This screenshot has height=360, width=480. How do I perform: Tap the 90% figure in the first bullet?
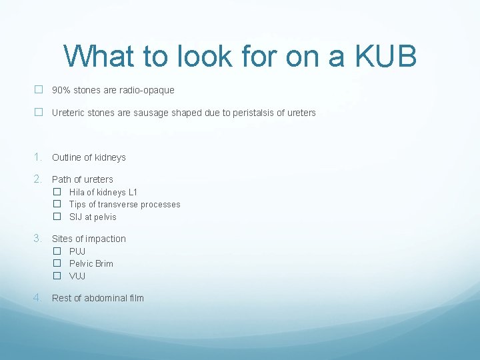(x=61, y=90)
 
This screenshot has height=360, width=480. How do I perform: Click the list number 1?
(x=38, y=157)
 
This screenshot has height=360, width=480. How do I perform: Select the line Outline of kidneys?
(x=89, y=157)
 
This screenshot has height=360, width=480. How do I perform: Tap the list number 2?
(x=38, y=179)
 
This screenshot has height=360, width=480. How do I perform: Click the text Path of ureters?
(x=83, y=179)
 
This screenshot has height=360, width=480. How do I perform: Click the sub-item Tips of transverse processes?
(x=125, y=205)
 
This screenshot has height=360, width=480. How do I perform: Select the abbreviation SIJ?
(x=76, y=217)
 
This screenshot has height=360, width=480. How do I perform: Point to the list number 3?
(x=38, y=238)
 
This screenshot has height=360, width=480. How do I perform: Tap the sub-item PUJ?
(x=77, y=251)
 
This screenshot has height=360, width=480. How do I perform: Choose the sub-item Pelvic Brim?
(x=91, y=263)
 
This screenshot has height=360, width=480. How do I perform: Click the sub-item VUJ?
(x=77, y=276)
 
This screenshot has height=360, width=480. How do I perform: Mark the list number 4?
(x=38, y=297)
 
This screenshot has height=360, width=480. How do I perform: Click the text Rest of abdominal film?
(x=98, y=298)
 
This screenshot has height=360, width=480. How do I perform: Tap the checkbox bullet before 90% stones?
(x=39, y=90)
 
